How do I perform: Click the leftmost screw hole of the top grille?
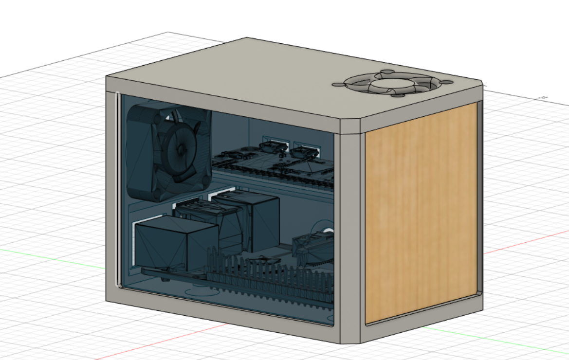337,85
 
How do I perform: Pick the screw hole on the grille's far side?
386,73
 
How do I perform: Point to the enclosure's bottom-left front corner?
108,298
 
